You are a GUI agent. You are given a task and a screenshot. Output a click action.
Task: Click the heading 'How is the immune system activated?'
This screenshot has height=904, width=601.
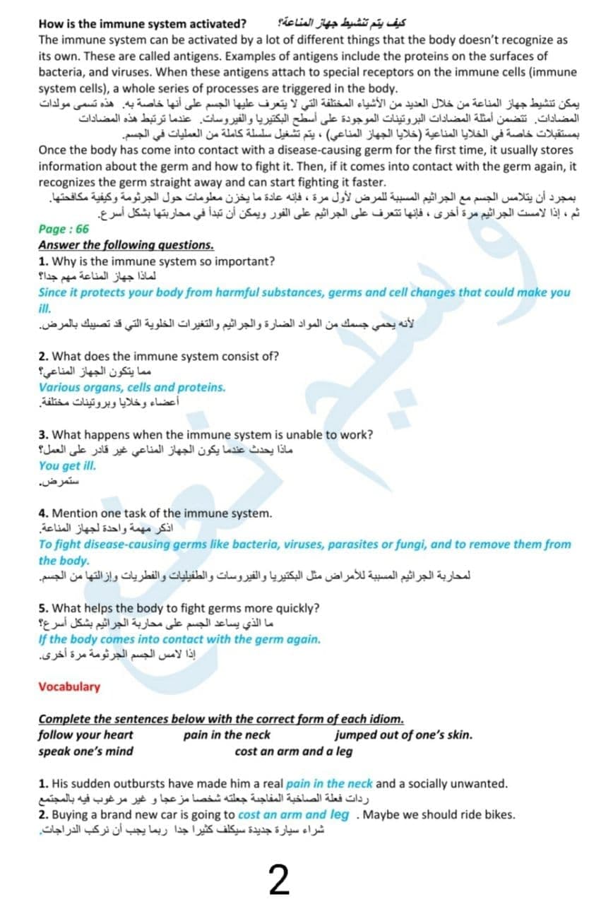(142, 24)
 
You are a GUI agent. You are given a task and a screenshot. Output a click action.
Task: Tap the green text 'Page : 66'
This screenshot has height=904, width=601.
(64, 229)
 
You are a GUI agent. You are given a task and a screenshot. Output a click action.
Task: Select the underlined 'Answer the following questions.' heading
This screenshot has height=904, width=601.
(126, 244)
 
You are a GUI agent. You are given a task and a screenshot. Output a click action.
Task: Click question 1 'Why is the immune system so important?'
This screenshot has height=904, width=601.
(157, 261)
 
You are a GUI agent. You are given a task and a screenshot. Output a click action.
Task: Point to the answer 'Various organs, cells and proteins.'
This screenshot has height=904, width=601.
(132, 387)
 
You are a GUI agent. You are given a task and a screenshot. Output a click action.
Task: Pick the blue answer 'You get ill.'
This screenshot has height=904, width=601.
(67, 465)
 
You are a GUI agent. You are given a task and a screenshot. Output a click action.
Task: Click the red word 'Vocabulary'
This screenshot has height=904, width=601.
(69, 686)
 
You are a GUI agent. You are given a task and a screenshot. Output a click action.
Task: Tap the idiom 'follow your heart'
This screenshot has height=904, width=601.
(85, 734)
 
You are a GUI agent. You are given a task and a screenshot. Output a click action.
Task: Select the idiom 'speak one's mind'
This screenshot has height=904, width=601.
(85, 751)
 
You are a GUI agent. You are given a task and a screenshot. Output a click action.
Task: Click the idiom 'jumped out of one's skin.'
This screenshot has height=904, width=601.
(403, 734)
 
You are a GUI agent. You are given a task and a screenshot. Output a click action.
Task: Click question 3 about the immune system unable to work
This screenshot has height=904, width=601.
(206, 434)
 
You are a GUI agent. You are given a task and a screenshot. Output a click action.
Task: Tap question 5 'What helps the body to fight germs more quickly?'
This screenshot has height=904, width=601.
(179, 607)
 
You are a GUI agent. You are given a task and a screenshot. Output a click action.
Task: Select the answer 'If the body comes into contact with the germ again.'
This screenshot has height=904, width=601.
(179, 639)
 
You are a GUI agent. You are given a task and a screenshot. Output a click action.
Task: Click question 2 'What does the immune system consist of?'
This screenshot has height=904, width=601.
(159, 356)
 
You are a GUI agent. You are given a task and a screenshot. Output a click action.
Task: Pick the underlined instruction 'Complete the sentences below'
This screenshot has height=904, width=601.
(221, 719)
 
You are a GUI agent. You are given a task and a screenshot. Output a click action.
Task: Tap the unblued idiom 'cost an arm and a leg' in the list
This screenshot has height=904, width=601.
(293, 751)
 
